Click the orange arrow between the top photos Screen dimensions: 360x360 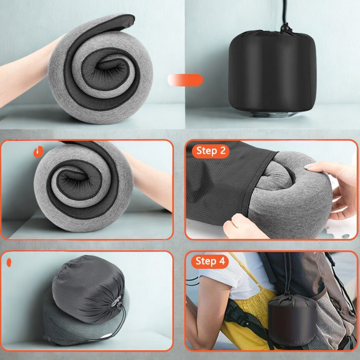pos(185,80)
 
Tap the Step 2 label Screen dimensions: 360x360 pos(211,151)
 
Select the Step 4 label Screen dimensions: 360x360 pos(210,261)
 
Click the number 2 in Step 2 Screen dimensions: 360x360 pos(223,151)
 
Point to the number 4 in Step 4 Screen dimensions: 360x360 pos(222,261)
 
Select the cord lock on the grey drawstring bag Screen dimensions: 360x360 pos(117,304)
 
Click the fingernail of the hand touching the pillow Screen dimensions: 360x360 pos(309,166)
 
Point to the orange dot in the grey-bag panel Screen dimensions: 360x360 pos(9,262)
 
